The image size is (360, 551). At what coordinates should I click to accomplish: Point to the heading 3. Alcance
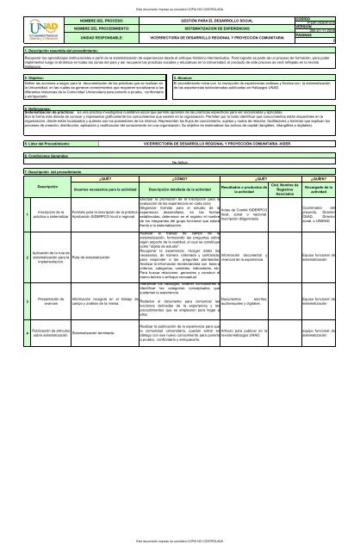(x=189, y=77)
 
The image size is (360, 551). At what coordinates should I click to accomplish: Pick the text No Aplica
(x=180, y=162)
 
